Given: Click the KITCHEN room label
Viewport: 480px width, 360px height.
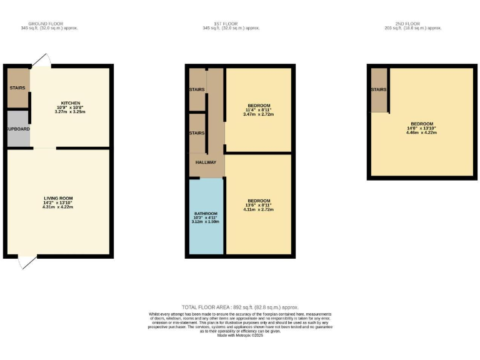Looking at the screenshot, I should (x=71, y=103).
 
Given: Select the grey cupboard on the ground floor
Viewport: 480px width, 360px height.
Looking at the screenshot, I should (x=18, y=128).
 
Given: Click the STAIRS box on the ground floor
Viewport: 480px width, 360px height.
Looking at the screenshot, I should (x=17, y=88).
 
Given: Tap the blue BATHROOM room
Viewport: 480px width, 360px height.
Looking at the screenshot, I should (x=206, y=216).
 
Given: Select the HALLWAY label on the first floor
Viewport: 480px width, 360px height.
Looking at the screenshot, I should (x=206, y=162).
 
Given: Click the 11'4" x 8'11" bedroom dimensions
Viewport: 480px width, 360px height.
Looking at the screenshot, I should (x=259, y=110).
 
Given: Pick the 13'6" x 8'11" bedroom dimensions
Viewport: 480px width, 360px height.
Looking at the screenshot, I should (x=259, y=204).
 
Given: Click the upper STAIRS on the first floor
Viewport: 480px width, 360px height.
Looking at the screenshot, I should (x=197, y=90).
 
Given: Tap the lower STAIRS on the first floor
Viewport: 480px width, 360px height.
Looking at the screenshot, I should (x=197, y=133).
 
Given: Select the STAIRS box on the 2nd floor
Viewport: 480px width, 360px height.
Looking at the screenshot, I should (x=379, y=90).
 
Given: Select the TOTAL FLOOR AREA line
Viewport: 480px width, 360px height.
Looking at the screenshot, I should (x=240, y=307).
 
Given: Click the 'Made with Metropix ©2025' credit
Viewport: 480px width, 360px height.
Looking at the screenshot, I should (x=240, y=336).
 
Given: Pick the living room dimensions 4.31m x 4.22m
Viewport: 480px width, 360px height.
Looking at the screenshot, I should (x=58, y=207).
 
